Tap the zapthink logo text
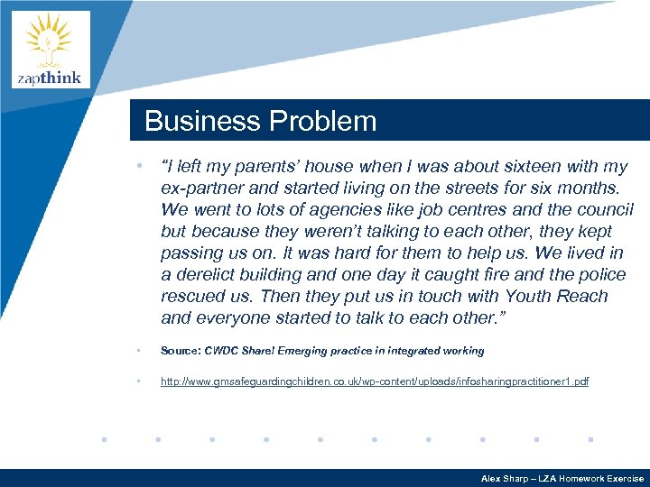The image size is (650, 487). (x=50, y=78)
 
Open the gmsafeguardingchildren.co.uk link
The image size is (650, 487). (x=374, y=381)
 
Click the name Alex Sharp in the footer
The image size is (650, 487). (x=506, y=479)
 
